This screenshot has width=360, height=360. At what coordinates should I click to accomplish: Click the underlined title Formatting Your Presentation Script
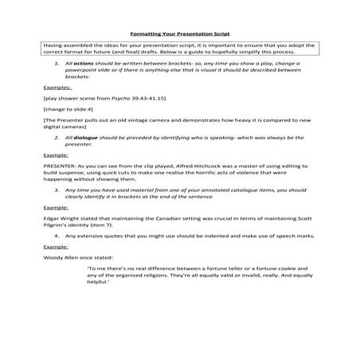[179, 35]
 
